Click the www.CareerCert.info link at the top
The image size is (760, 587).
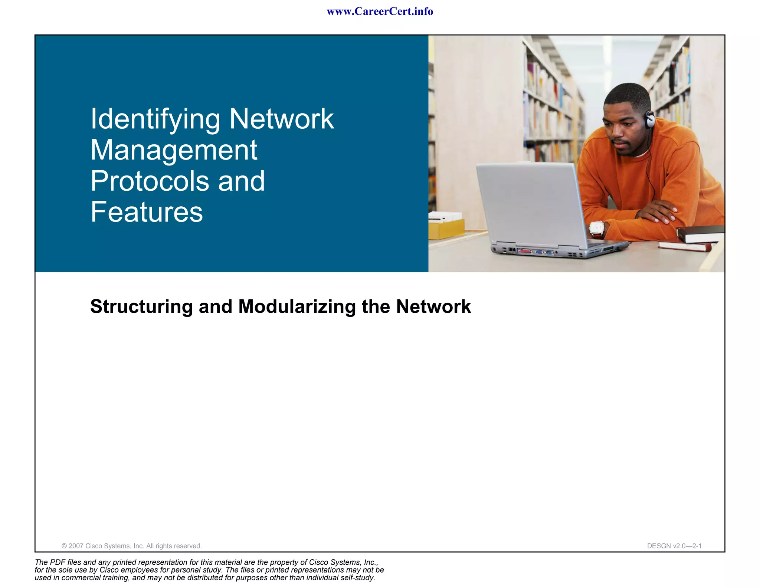pyautogui.click(x=380, y=12)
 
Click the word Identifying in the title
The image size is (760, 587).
pyautogui.click(x=155, y=119)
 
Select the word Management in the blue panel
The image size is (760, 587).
pyautogui.click(x=174, y=150)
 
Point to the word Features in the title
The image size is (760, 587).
pyautogui.click(x=147, y=212)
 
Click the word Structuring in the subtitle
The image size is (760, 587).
pyautogui.click(x=141, y=307)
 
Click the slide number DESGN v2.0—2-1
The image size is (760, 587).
pyautogui.click(x=674, y=546)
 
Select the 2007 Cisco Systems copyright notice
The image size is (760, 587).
pyautogui.click(x=131, y=546)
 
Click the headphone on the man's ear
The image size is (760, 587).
pyautogui.click(x=649, y=119)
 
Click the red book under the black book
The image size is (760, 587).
pyautogui.click(x=685, y=246)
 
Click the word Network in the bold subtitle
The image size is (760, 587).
pyautogui.click(x=433, y=307)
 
